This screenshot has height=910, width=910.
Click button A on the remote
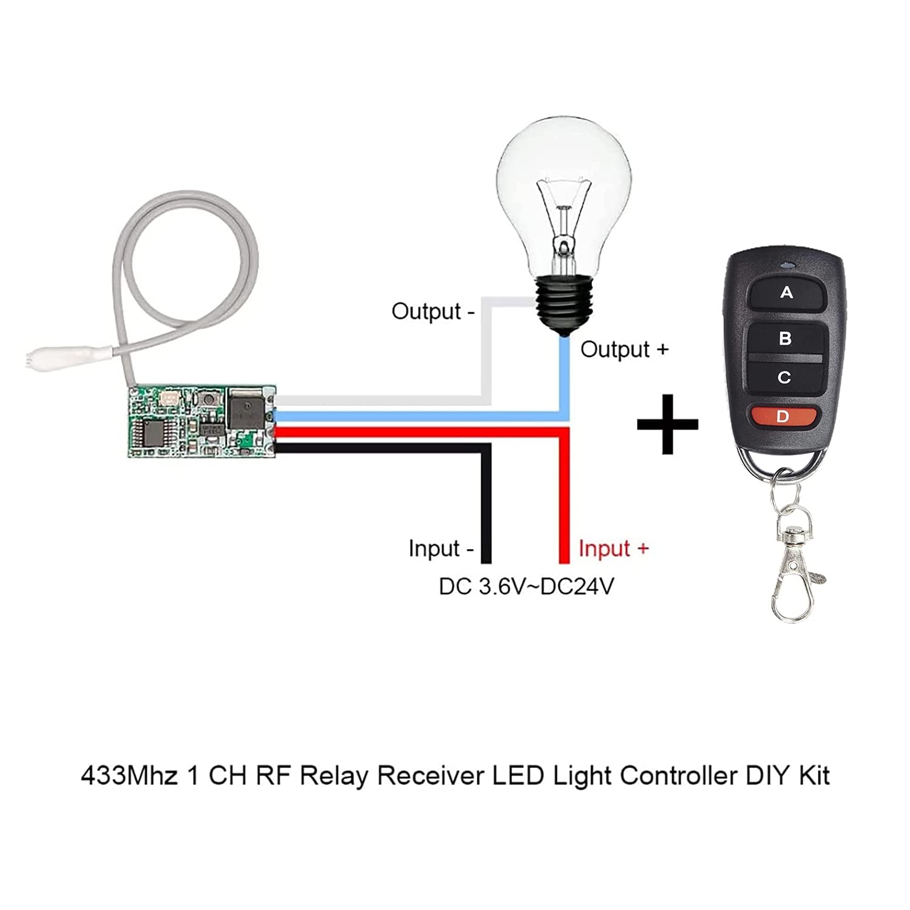click(x=787, y=293)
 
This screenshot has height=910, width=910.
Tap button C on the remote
click(x=784, y=377)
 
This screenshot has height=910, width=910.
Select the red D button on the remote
click(x=782, y=417)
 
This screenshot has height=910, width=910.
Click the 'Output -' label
click(x=433, y=311)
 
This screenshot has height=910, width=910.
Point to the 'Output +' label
click(x=624, y=349)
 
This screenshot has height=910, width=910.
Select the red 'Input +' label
click(x=613, y=548)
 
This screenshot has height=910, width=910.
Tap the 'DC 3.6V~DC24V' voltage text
click(x=526, y=587)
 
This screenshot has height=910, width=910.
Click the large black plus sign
click(x=667, y=424)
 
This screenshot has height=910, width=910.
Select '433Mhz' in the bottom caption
click(x=129, y=776)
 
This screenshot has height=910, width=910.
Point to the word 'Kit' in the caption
click(x=814, y=776)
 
